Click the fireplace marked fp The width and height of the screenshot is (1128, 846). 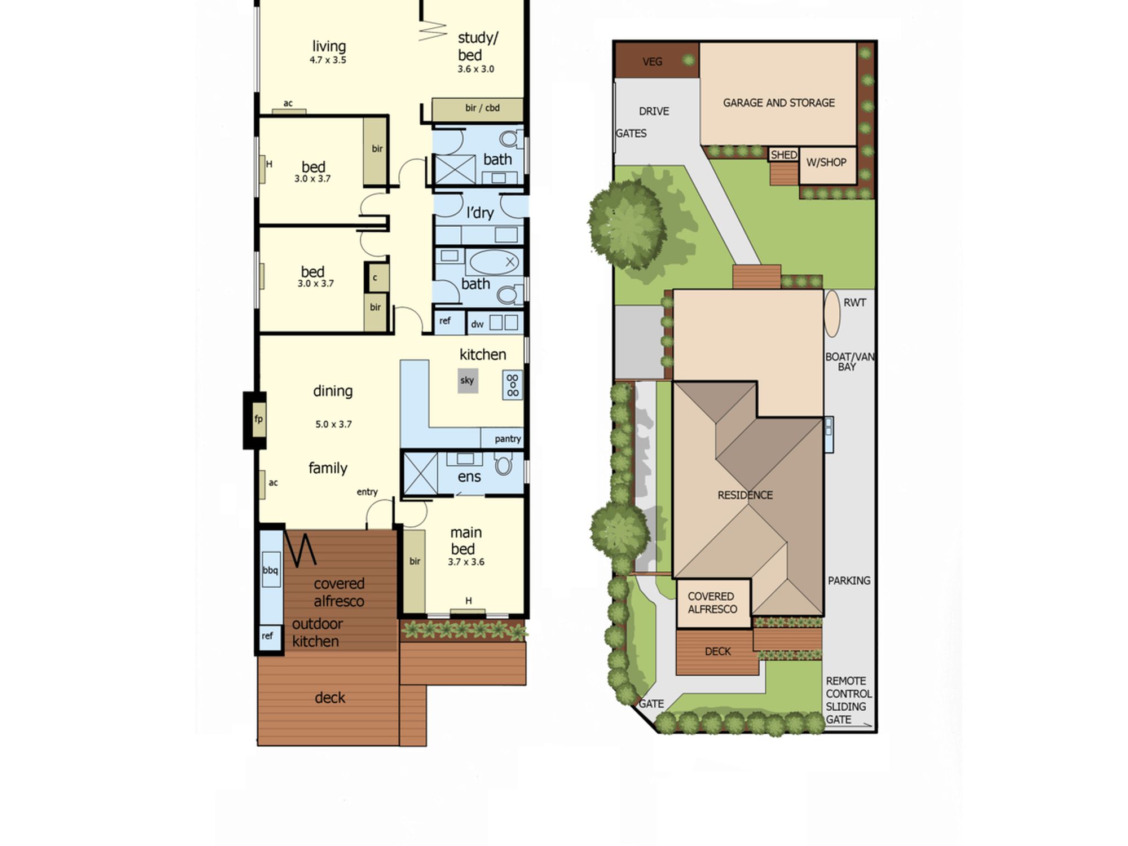(x=259, y=419)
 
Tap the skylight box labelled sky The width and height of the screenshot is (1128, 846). (x=468, y=381)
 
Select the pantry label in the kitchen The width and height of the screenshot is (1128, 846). (x=508, y=439)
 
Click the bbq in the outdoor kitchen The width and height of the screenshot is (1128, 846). (x=271, y=570)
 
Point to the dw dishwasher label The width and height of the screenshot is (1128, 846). (x=477, y=324)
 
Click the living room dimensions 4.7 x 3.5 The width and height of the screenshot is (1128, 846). (x=328, y=60)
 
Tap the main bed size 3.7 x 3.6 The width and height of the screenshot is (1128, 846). (x=466, y=562)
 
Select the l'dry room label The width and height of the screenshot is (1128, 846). (x=480, y=213)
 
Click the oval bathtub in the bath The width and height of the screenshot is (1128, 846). (x=494, y=262)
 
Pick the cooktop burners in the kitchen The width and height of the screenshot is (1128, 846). (x=513, y=385)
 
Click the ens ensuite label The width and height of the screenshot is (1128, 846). (x=469, y=477)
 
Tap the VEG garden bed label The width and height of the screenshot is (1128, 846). (x=653, y=61)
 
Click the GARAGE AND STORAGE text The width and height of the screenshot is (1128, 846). (x=779, y=103)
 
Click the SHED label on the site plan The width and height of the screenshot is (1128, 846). (x=784, y=155)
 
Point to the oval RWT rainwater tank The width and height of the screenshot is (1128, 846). (x=832, y=314)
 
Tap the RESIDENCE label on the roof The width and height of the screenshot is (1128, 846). (x=745, y=495)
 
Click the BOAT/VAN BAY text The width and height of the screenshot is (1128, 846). (x=849, y=362)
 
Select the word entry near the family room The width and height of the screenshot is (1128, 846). (x=367, y=492)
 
